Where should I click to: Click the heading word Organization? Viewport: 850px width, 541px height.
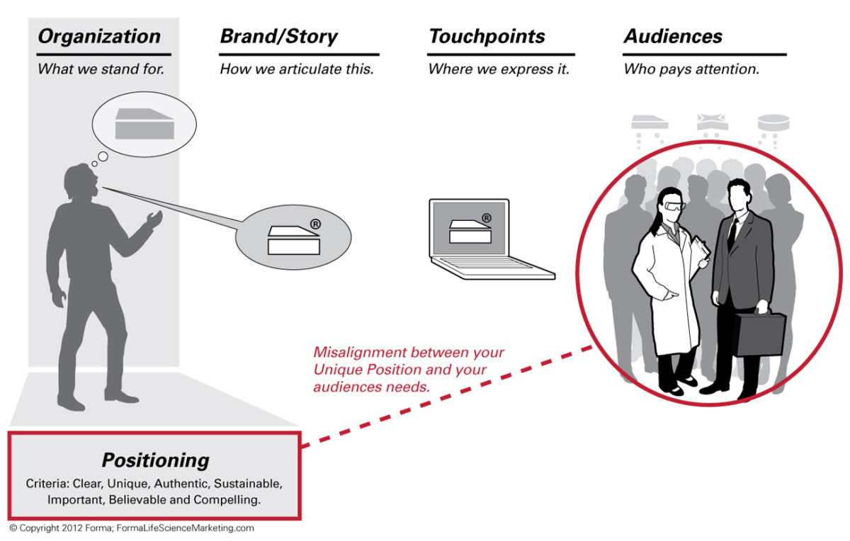pyautogui.click(x=99, y=37)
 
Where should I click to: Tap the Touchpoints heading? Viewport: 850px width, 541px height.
pyautogui.click(x=486, y=37)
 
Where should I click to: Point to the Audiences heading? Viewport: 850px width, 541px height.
pyautogui.click(x=673, y=37)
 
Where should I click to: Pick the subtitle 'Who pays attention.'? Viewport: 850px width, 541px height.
pyautogui.click(x=691, y=69)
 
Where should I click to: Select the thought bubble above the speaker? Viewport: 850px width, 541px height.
pyautogui.click(x=144, y=124)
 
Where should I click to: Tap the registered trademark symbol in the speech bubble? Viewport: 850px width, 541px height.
pyautogui.click(x=315, y=224)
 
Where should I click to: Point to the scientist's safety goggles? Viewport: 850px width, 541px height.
pyautogui.click(x=674, y=207)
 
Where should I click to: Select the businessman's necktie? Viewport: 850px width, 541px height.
pyautogui.click(x=732, y=234)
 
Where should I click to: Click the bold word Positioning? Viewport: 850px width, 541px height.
pyautogui.click(x=155, y=460)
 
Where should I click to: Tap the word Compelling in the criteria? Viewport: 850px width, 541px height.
pyautogui.click(x=232, y=500)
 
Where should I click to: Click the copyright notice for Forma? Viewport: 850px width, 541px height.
pyautogui.click(x=131, y=528)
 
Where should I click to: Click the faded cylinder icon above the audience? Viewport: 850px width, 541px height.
pyautogui.click(x=773, y=123)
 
